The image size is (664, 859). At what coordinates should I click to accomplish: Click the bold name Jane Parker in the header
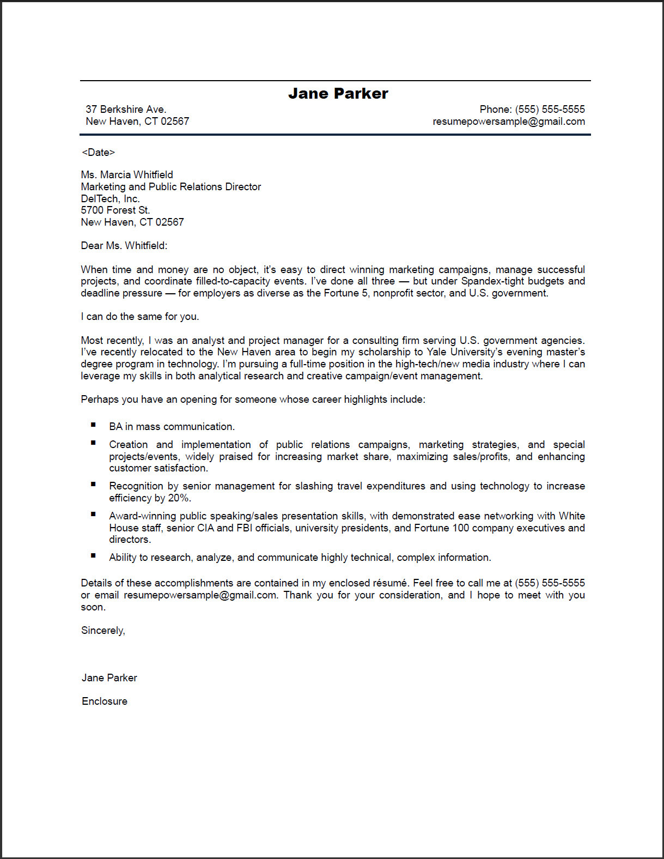[x=338, y=94]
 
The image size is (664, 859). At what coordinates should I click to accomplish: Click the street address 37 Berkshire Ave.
[x=126, y=110]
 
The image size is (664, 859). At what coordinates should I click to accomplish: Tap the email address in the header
[x=508, y=122]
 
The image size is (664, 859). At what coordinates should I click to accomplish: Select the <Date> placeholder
[x=98, y=153]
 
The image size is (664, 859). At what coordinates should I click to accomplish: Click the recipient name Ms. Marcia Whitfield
[x=127, y=175]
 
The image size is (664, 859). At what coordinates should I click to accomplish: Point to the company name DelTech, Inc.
[x=110, y=199]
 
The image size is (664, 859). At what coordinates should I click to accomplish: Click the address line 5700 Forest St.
[x=115, y=210]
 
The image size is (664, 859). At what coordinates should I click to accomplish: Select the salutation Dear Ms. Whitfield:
[x=124, y=246]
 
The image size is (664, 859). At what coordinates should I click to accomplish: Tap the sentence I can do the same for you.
[x=140, y=317]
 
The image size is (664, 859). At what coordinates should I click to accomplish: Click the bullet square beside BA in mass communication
[x=94, y=425]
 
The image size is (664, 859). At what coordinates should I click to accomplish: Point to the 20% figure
[x=179, y=498]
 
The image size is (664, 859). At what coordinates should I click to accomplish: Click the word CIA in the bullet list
[x=205, y=528]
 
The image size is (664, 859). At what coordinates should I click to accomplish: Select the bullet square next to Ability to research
[x=94, y=555]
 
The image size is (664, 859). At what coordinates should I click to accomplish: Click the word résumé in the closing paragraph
[x=390, y=583]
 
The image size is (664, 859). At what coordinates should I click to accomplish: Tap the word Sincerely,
[x=103, y=631]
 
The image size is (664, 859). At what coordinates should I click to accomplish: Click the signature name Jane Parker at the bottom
[x=109, y=678]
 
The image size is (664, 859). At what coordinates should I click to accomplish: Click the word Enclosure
[x=105, y=701]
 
